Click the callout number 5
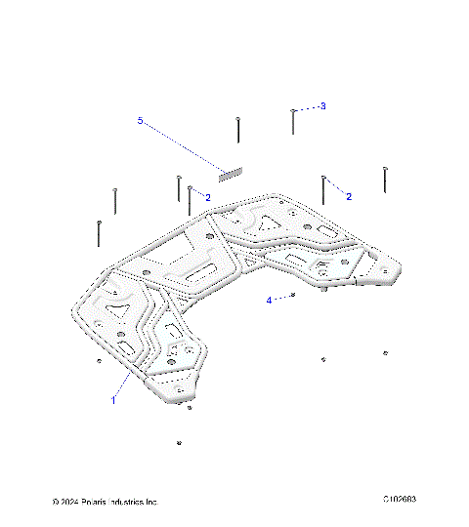click(x=140, y=121)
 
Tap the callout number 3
click(x=323, y=105)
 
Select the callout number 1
click(x=112, y=399)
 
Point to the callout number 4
click(x=270, y=301)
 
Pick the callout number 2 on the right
click(x=349, y=196)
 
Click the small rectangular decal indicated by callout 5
click(x=229, y=174)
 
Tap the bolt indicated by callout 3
click(x=293, y=122)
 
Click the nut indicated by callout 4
click(x=293, y=294)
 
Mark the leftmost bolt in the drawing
click(x=100, y=232)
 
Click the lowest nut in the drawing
click(x=180, y=443)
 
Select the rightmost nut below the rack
click(x=385, y=351)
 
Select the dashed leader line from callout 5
click(x=186, y=145)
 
